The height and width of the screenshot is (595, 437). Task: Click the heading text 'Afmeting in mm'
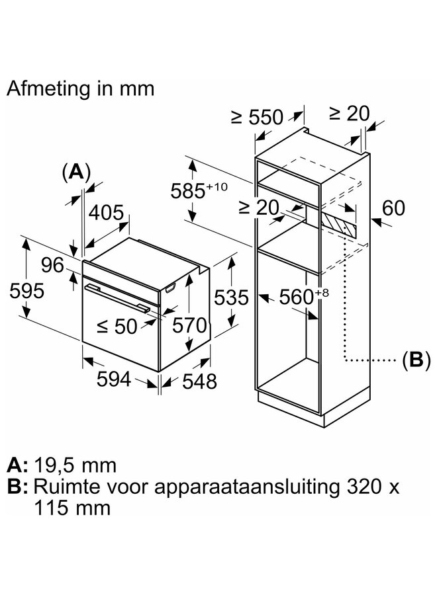(x=81, y=89)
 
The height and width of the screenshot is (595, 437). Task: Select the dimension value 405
(x=106, y=212)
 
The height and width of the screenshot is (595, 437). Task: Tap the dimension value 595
(x=27, y=292)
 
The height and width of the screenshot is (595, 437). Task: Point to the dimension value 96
(x=52, y=265)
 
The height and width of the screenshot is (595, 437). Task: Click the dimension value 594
(x=114, y=379)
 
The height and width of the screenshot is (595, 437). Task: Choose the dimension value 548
(x=199, y=381)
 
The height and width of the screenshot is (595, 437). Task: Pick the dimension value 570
(x=189, y=325)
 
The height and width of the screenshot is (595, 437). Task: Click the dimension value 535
(x=231, y=297)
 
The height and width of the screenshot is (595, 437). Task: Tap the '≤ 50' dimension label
(x=117, y=326)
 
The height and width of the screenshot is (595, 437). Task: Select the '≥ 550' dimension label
(x=258, y=117)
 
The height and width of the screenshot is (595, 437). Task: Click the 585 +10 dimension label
(x=199, y=190)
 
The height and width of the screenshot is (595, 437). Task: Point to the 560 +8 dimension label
(x=304, y=296)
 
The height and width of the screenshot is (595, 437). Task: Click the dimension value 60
(x=393, y=208)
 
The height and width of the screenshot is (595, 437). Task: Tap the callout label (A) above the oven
(x=76, y=172)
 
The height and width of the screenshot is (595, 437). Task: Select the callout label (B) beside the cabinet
(x=416, y=359)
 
